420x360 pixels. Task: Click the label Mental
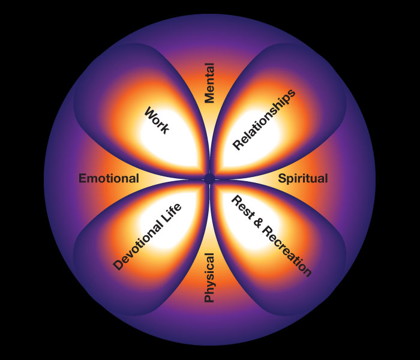[x=209, y=83]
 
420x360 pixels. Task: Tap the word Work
[x=157, y=120]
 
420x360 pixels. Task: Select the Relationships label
[x=264, y=120]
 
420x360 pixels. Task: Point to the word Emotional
[x=109, y=178]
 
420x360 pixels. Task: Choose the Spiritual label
[x=303, y=178]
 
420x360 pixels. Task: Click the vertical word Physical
[x=209, y=277]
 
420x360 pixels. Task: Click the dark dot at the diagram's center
[x=209, y=179]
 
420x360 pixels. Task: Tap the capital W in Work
[x=148, y=112]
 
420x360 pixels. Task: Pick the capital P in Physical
[x=209, y=298]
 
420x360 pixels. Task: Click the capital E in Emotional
[x=83, y=178]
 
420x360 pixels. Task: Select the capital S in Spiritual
[x=282, y=178]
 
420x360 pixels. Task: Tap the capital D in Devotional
[x=118, y=265]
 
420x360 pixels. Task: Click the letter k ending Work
[x=165, y=129]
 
